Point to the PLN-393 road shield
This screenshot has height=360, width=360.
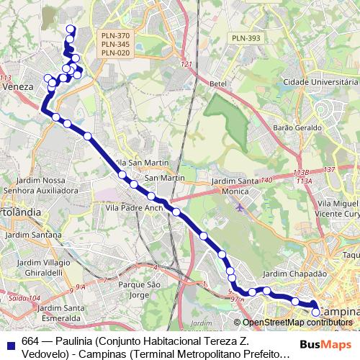246,38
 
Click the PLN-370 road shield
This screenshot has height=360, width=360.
115,35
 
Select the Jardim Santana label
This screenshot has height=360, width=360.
31,235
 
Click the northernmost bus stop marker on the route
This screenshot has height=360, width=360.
70,29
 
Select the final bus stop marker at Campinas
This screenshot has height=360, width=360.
315,312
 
